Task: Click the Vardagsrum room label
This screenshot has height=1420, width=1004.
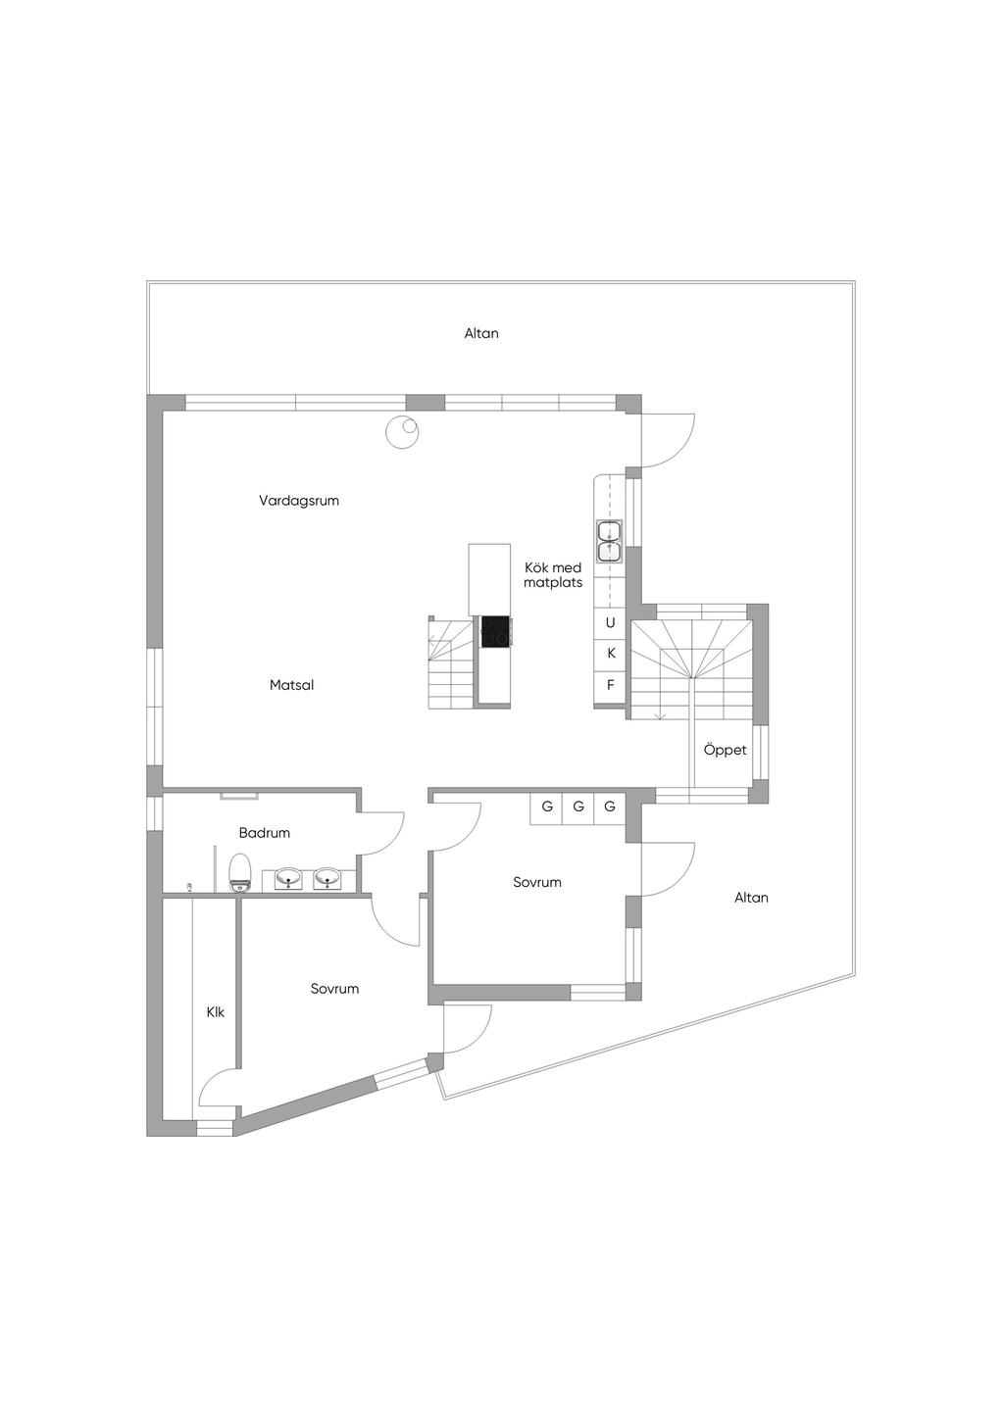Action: (x=299, y=501)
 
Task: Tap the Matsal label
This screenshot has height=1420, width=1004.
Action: (x=292, y=685)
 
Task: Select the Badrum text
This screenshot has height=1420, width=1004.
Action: (x=265, y=833)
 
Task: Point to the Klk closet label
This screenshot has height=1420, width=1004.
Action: (x=216, y=1012)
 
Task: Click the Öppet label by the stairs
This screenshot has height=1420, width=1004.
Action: (x=725, y=750)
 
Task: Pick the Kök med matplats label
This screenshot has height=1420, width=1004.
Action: (x=553, y=575)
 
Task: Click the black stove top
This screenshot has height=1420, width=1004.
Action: (x=495, y=632)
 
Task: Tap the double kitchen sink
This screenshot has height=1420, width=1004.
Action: (x=609, y=541)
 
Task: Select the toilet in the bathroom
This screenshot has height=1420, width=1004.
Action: (x=239, y=872)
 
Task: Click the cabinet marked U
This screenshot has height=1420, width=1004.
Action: (x=611, y=623)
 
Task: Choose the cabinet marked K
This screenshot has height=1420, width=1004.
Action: (x=611, y=654)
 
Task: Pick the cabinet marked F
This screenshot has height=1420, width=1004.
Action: (x=611, y=685)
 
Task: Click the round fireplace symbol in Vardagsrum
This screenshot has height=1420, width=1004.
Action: (x=402, y=433)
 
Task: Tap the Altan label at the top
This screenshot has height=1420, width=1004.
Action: (x=481, y=333)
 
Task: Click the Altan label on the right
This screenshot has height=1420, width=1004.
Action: (x=752, y=898)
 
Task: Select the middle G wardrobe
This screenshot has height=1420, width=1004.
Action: (x=578, y=807)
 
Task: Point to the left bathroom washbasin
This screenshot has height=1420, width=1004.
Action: (x=290, y=879)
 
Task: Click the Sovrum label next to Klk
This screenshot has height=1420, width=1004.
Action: (x=335, y=988)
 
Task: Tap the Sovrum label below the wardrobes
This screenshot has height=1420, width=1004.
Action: (x=537, y=882)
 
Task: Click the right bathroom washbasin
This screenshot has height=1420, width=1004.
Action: (x=327, y=879)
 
